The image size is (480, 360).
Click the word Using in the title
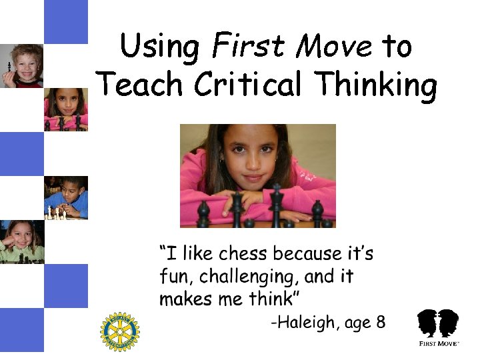click(x=160, y=48)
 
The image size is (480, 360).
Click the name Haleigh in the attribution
click(x=306, y=323)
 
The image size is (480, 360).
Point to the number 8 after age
click(x=381, y=323)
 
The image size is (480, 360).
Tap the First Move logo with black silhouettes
click(x=437, y=327)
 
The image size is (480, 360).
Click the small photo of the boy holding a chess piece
click(x=22, y=66)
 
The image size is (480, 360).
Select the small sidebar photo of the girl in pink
click(x=66, y=109)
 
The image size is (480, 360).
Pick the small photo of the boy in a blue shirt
click(x=66, y=197)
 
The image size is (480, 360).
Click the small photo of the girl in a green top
click(x=22, y=241)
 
